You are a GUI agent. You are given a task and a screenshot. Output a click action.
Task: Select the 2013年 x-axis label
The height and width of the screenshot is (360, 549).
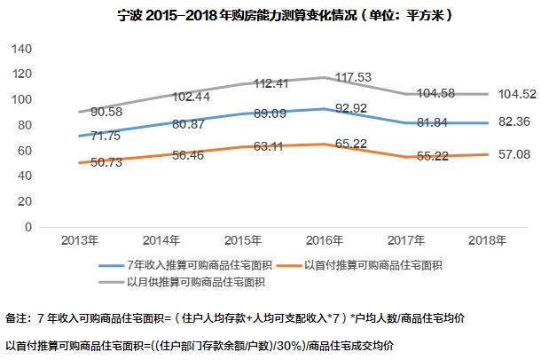pos(81,240)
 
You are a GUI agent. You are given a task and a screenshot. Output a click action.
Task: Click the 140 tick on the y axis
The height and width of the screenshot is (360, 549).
pos(23,48)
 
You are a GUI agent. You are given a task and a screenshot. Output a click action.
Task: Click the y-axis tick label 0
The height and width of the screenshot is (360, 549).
pos(30,227)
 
